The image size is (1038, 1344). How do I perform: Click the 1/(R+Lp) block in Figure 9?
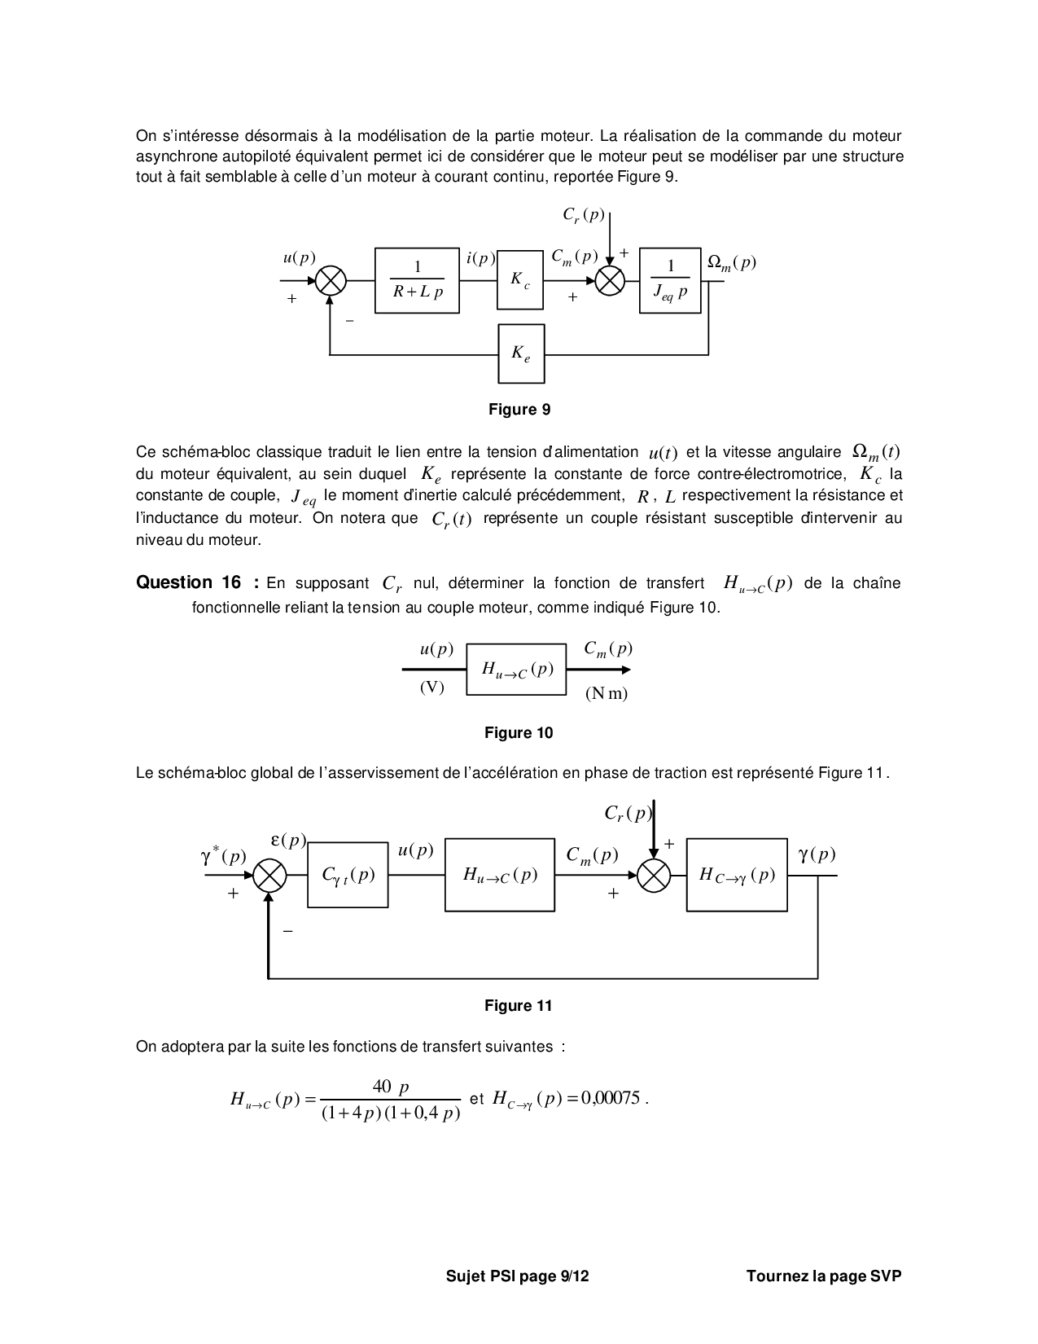(x=417, y=280)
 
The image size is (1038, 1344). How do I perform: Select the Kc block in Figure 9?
(x=520, y=280)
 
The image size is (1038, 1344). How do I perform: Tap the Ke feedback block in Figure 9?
(x=521, y=354)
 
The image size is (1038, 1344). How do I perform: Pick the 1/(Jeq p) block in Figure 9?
(x=670, y=280)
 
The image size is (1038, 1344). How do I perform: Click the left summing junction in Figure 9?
(x=331, y=281)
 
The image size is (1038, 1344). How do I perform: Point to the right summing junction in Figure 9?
(x=610, y=281)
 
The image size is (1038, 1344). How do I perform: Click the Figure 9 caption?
(x=519, y=409)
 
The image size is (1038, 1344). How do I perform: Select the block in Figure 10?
(x=516, y=670)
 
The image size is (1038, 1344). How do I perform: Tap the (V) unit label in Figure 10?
(x=432, y=687)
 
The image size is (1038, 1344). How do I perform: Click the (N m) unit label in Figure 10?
(x=607, y=693)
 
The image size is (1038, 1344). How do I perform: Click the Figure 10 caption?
(x=519, y=733)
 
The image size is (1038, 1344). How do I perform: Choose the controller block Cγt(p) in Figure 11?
(x=348, y=875)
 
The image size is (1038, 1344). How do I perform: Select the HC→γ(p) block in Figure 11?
(x=737, y=875)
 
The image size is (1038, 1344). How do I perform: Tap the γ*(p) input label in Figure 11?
(x=223, y=856)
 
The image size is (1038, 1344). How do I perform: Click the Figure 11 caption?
(x=519, y=1006)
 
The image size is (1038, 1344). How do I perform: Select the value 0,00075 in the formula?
(x=611, y=1098)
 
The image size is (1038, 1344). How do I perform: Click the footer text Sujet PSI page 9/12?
(x=517, y=1276)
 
